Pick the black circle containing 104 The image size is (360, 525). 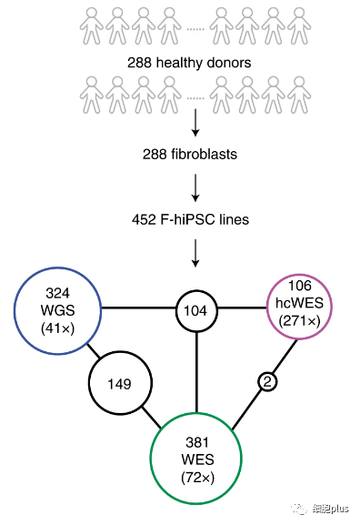[195, 310]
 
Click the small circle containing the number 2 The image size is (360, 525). [267, 383]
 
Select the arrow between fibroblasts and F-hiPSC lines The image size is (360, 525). [195, 187]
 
